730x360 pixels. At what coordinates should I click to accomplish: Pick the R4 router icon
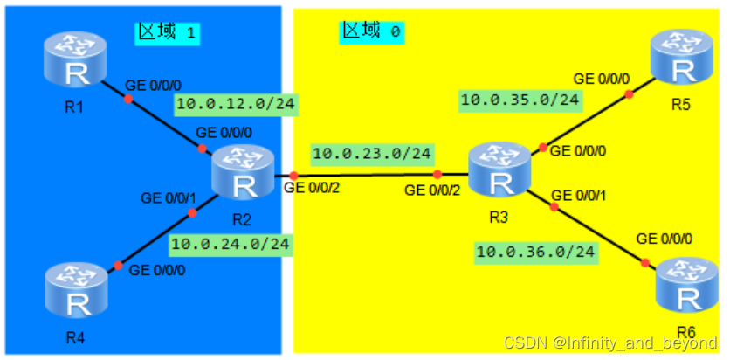tap(76, 293)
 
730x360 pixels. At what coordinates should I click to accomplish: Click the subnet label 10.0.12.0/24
tap(235, 106)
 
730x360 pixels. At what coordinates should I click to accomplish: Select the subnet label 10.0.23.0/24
tap(371, 154)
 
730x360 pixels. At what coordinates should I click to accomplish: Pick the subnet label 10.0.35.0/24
tap(520, 100)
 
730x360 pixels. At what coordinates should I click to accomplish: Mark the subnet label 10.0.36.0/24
tap(535, 253)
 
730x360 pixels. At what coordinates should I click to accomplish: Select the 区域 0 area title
tap(371, 31)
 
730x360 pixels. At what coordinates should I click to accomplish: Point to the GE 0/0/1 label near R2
tap(169, 198)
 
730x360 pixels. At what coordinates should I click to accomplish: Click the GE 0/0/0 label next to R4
tap(157, 270)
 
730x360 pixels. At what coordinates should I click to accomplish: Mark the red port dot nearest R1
tap(127, 99)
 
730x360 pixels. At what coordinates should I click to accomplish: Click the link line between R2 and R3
tap(367, 176)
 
